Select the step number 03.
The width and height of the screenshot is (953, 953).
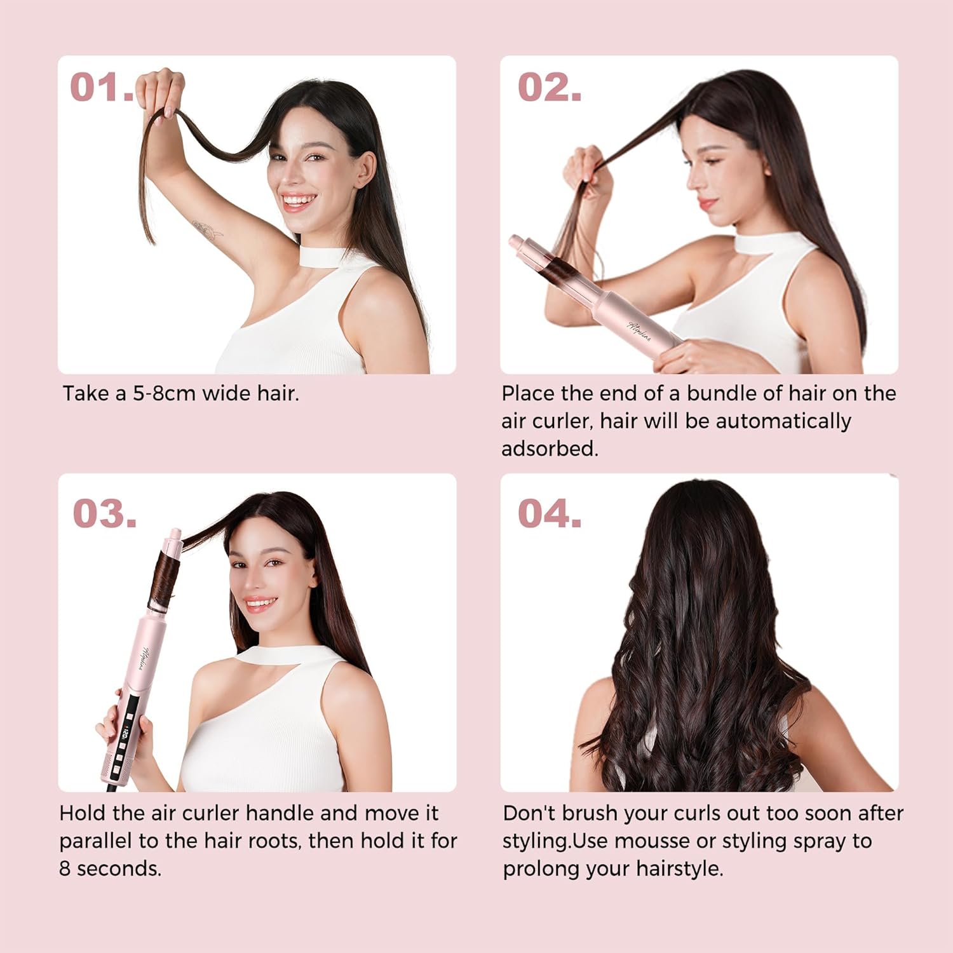tap(105, 513)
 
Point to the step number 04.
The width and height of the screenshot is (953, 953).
tap(550, 513)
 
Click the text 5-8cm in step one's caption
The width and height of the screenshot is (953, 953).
tap(164, 394)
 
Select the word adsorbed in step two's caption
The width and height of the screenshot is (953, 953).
tap(549, 449)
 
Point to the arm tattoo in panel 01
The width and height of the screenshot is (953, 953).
tap(207, 229)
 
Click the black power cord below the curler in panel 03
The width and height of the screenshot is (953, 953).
tap(112, 787)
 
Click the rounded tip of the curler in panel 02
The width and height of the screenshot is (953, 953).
tap(516, 243)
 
